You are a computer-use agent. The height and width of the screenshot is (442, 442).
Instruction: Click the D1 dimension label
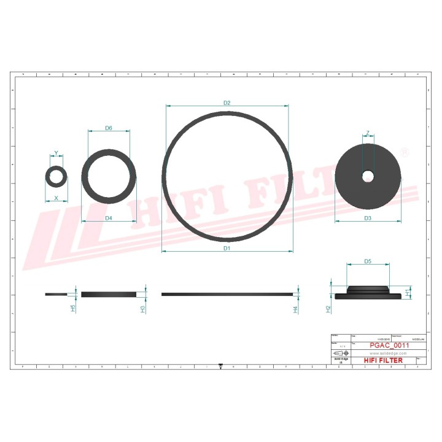click(226, 248)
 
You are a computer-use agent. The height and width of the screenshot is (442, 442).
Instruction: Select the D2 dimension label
click(227, 103)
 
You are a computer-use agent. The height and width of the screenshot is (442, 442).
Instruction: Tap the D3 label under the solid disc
click(368, 218)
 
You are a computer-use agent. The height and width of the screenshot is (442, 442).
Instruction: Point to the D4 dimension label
click(109, 218)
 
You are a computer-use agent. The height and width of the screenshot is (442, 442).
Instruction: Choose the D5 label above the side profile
click(368, 262)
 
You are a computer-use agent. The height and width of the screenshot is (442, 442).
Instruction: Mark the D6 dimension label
click(109, 128)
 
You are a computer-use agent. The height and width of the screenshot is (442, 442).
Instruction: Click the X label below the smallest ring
click(56, 198)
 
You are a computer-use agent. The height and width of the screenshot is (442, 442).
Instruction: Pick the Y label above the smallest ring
click(56, 153)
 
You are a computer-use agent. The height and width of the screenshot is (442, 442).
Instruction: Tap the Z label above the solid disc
click(368, 133)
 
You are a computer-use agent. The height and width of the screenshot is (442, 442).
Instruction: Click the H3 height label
click(143, 308)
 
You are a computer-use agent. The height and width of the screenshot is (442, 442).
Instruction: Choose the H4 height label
click(295, 309)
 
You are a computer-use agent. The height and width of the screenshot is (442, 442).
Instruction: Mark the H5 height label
click(73, 308)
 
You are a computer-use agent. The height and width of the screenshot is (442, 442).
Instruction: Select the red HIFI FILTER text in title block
click(384, 360)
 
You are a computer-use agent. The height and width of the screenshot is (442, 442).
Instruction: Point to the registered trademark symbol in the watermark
click(405, 151)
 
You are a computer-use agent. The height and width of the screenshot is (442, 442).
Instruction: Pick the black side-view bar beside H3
click(109, 294)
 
